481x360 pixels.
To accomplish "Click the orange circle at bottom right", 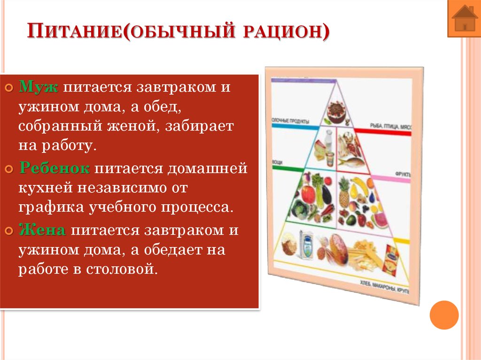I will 444,314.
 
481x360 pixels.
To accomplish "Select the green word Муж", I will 38,87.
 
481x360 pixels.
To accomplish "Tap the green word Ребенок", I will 54,169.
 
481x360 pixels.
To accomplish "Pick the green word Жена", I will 42,230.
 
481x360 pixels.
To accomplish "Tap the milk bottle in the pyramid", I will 329,141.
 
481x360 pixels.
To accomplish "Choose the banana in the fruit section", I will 361,184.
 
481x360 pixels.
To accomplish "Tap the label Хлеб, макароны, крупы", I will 384,287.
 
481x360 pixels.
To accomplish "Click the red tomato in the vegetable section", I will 307,193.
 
